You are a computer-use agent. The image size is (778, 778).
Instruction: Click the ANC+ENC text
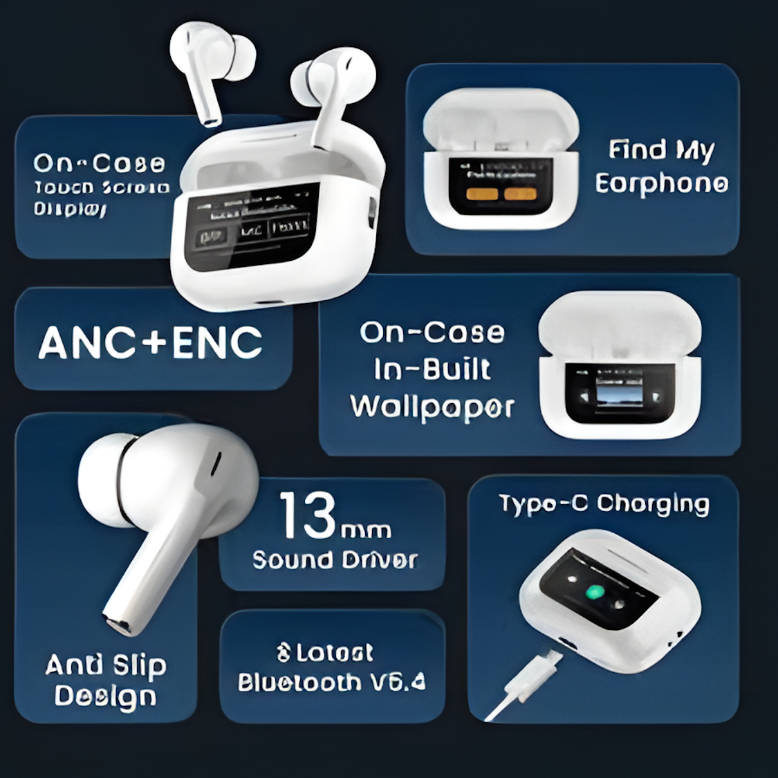click(x=150, y=342)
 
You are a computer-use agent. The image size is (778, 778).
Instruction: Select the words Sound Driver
click(x=335, y=559)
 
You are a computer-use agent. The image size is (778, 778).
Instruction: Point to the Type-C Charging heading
click(x=604, y=504)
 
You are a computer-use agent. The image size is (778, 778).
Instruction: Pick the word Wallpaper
click(x=432, y=407)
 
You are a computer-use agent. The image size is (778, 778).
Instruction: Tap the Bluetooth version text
click(x=332, y=683)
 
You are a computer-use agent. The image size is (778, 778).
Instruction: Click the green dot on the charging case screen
click(x=594, y=592)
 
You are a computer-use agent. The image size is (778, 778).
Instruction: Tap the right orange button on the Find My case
click(x=519, y=194)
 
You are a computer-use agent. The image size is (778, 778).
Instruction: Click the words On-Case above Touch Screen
click(x=99, y=163)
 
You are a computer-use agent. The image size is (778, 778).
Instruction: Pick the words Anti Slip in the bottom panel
click(x=106, y=665)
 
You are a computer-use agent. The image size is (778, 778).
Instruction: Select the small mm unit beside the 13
click(x=367, y=530)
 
